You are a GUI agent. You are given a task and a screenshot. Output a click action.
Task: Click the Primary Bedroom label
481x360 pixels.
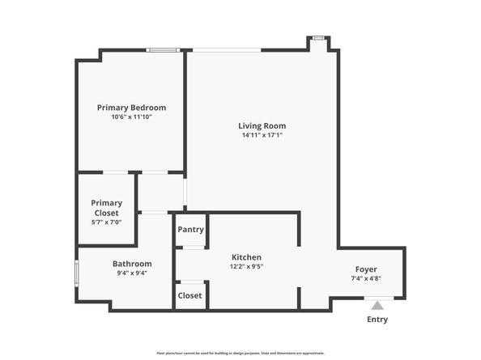click(x=131, y=108)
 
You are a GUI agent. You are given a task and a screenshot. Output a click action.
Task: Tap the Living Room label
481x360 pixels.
click(x=262, y=125)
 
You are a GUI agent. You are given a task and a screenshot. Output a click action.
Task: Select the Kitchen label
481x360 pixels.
click(x=246, y=256)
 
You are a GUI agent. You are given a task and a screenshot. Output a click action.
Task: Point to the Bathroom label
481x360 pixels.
click(x=131, y=264)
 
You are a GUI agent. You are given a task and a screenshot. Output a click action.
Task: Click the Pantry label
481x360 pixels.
click(x=190, y=229)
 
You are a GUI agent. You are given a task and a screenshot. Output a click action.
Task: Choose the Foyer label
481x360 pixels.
click(x=366, y=269)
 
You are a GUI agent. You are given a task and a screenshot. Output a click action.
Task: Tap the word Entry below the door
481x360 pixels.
click(x=377, y=319)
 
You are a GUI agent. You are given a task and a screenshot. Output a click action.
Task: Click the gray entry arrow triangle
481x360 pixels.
click(x=377, y=305)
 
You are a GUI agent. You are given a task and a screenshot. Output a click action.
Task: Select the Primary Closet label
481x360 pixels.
click(x=106, y=208)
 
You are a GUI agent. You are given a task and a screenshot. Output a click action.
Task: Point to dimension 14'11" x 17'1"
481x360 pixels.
click(x=262, y=135)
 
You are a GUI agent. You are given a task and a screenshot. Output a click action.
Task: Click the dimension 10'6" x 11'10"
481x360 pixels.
click(x=131, y=117)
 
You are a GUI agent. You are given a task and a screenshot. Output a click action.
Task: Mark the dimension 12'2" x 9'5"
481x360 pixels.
click(x=246, y=266)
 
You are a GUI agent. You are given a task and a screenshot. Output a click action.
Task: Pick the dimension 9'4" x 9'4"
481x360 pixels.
click(x=131, y=273)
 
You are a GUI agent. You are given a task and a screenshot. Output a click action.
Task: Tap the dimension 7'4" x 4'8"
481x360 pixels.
click(x=366, y=279)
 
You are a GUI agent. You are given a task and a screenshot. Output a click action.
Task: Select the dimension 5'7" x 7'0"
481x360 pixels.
click(x=106, y=222)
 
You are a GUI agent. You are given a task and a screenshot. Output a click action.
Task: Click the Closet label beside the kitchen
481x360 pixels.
click(x=189, y=295)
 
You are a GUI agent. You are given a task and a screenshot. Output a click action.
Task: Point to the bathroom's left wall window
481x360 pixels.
click(x=77, y=272)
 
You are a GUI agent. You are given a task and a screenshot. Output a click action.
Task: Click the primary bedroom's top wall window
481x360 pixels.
click(x=162, y=51)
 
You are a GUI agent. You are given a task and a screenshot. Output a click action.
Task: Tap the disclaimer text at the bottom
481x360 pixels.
click(x=240, y=354)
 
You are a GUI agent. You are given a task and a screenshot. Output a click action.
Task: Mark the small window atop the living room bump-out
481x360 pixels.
click(x=318, y=36)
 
